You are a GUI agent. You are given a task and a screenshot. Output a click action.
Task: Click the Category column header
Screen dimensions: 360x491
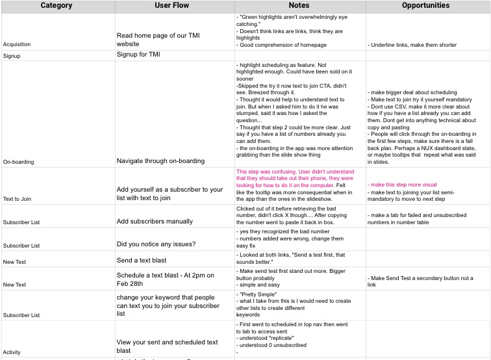click(x=57, y=5)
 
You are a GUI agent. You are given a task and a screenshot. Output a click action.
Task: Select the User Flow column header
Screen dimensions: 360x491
click(x=174, y=5)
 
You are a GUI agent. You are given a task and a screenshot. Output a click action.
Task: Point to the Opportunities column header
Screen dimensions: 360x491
click(x=425, y=5)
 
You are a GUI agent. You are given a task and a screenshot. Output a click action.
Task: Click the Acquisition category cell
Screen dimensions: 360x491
click(x=17, y=45)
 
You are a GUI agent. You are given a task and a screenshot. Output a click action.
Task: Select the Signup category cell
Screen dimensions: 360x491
click(x=12, y=56)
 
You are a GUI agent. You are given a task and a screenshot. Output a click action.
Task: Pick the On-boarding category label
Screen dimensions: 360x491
click(x=18, y=161)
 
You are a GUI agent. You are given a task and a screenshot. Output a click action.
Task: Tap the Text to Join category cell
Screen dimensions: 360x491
click(x=17, y=198)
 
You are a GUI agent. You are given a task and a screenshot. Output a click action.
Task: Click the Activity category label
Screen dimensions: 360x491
click(x=12, y=352)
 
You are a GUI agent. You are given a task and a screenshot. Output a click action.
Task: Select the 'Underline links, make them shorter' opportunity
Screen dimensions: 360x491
click(x=412, y=45)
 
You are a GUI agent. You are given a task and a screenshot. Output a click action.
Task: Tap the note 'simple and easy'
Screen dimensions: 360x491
click(x=260, y=285)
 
